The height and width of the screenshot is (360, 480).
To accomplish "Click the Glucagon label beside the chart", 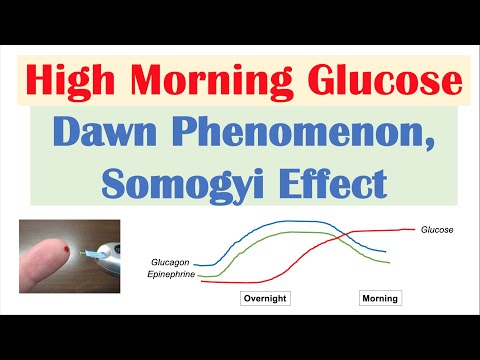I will pos(174,262).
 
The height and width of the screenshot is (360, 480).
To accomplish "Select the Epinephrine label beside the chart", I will pos(172,272).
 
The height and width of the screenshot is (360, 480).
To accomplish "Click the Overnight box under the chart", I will pos(265,298).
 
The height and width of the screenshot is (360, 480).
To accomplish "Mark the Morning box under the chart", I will pos(379,298).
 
